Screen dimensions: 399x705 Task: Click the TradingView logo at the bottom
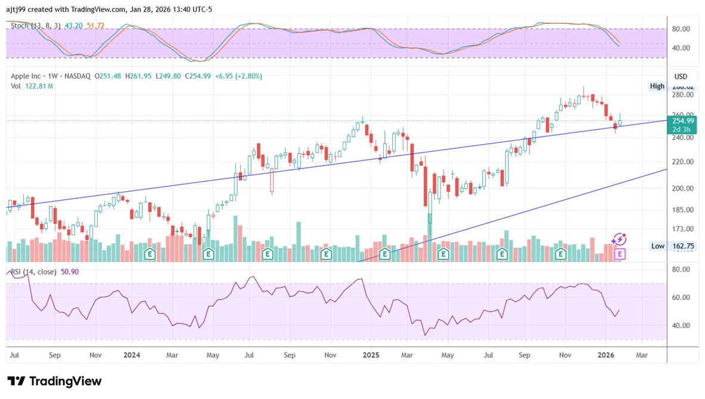54,381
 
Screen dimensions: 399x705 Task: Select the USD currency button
681,77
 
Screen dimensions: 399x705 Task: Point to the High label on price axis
657,86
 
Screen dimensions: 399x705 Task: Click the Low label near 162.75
657,246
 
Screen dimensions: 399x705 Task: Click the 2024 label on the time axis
132,356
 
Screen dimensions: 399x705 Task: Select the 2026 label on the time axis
606,356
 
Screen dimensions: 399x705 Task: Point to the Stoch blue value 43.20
73,26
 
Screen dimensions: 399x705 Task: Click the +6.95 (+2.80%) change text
239,76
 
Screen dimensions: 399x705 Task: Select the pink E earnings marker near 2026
620,254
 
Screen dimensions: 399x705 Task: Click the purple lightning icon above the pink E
620,239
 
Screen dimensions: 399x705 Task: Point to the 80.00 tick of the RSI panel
681,270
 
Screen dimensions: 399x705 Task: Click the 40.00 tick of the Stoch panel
681,48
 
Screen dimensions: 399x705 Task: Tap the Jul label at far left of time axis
14,356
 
